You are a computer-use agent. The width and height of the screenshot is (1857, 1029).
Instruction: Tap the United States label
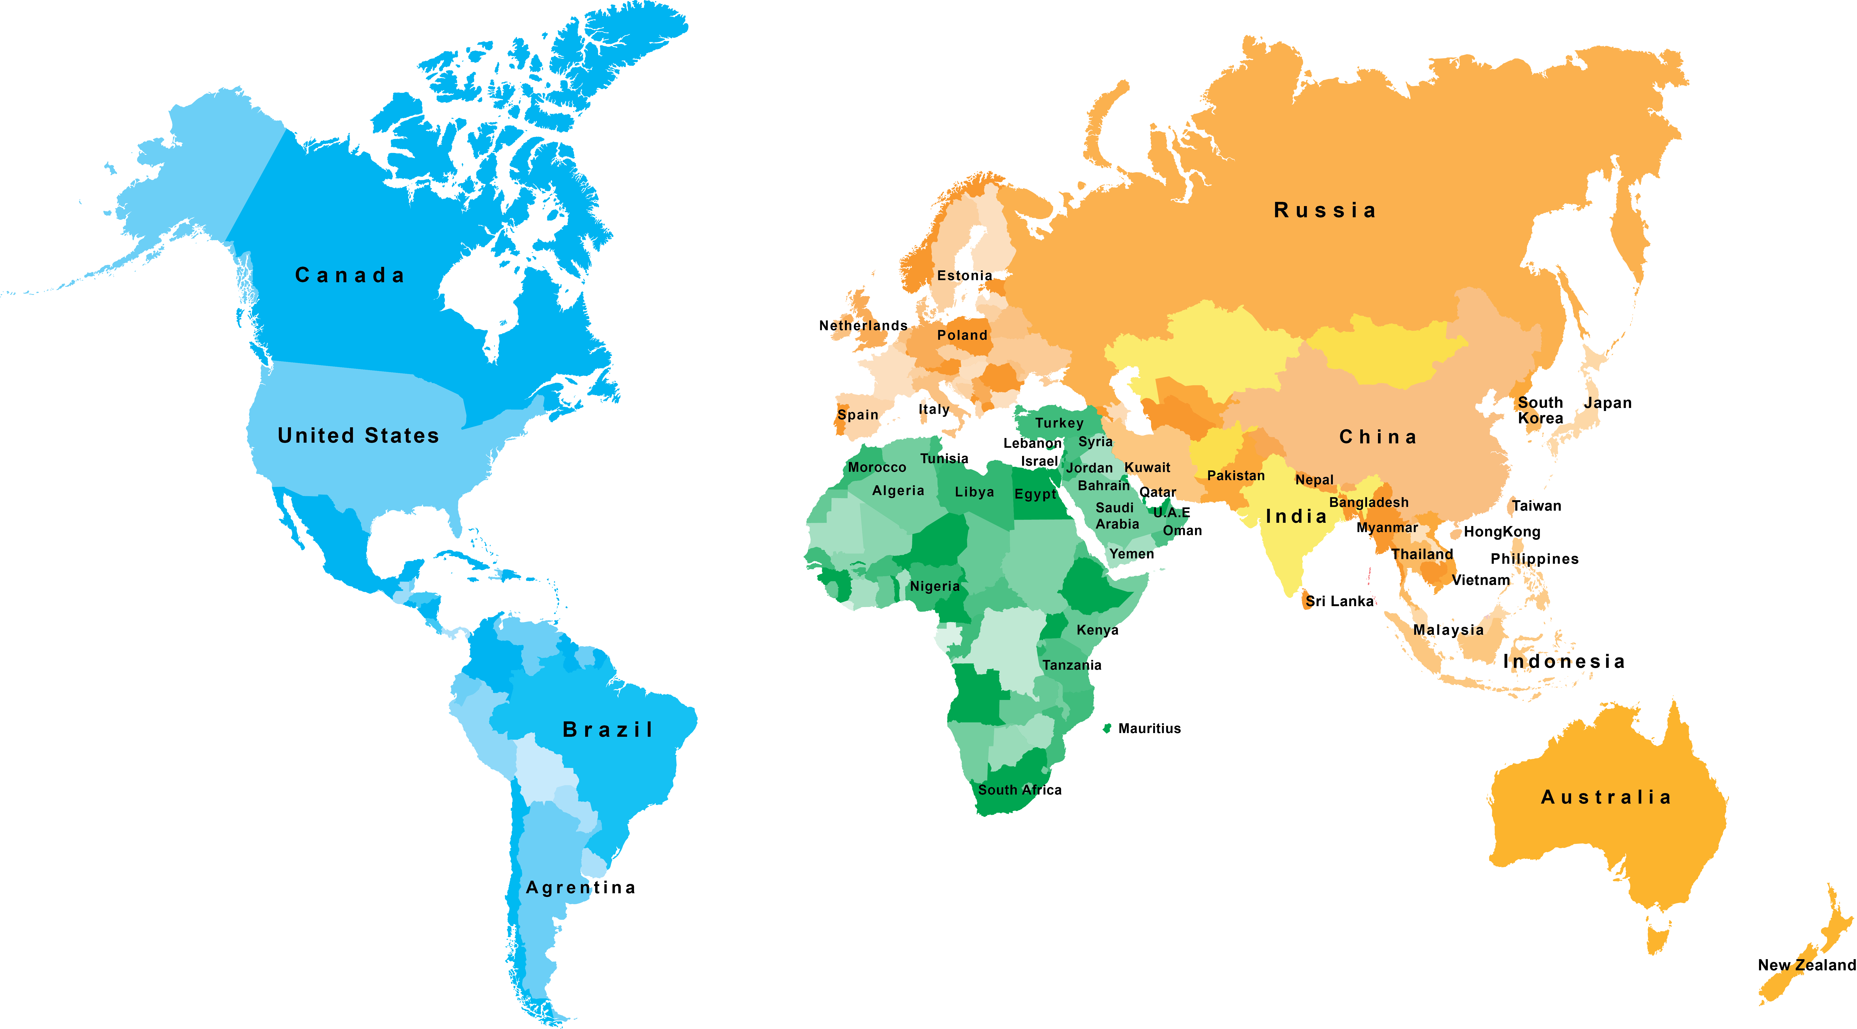pyautogui.click(x=358, y=435)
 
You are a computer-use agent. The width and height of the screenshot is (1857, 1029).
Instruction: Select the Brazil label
pyautogui.click(x=608, y=730)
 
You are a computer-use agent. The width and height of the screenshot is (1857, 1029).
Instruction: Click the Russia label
pyautogui.click(x=1325, y=211)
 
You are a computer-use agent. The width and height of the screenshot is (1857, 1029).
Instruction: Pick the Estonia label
pyautogui.click(x=965, y=275)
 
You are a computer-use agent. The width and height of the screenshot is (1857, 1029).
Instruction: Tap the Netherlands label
pyautogui.click(x=863, y=325)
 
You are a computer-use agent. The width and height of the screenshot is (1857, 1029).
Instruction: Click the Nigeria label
pyautogui.click(x=935, y=586)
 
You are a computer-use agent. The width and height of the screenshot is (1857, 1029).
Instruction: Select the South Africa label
pyautogui.click(x=1019, y=790)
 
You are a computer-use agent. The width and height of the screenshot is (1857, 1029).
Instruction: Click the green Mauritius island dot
pyautogui.click(x=1107, y=728)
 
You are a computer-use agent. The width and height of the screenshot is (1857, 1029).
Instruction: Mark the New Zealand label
pyautogui.click(x=1806, y=965)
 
